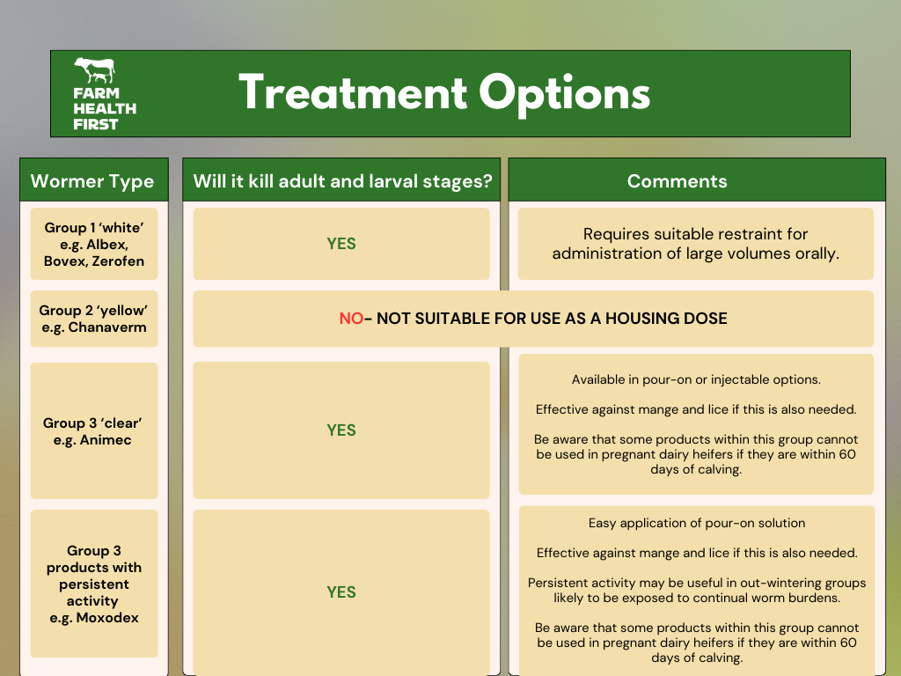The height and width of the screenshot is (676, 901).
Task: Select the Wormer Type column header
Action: click(x=92, y=181)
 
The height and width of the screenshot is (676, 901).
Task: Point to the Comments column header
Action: click(x=677, y=181)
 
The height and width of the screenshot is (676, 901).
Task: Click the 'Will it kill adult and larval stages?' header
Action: click(x=342, y=181)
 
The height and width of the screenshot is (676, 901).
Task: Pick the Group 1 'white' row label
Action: click(x=93, y=244)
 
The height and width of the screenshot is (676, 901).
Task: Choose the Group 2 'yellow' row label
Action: click(x=93, y=319)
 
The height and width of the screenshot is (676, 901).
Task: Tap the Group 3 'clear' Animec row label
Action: click(x=93, y=431)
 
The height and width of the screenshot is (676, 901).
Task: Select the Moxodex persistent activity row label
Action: click(x=93, y=584)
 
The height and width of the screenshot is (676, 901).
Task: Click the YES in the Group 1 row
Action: click(x=341, y=244)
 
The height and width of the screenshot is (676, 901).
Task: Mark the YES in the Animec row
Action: click(x=341, y=430)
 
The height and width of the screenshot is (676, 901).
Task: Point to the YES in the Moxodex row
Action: click(x=341, y=592)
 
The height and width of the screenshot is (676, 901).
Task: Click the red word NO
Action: click(x=351, y=319)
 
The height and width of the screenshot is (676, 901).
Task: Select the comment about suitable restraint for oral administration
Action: click(x=695, y=244)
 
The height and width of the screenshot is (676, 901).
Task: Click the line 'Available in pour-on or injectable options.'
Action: click(x=696, y=380)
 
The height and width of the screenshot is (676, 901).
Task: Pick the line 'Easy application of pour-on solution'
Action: click(x=696, y=523)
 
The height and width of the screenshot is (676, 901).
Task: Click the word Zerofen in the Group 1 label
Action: click(x=118, y=261)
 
